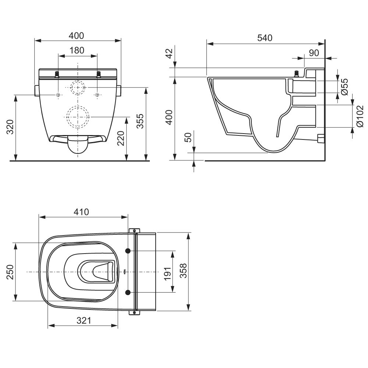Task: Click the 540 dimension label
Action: [x=265, y=38]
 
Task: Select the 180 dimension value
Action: [x=77, y=50]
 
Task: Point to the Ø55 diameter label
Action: [x=345, y=86]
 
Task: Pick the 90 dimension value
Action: [x=314, y=53]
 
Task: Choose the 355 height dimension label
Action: [x=140, y=121]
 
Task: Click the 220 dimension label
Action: [x=120, y=138]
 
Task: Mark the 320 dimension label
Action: [x=10, y=127]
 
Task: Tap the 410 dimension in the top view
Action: [x=81, y=212]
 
